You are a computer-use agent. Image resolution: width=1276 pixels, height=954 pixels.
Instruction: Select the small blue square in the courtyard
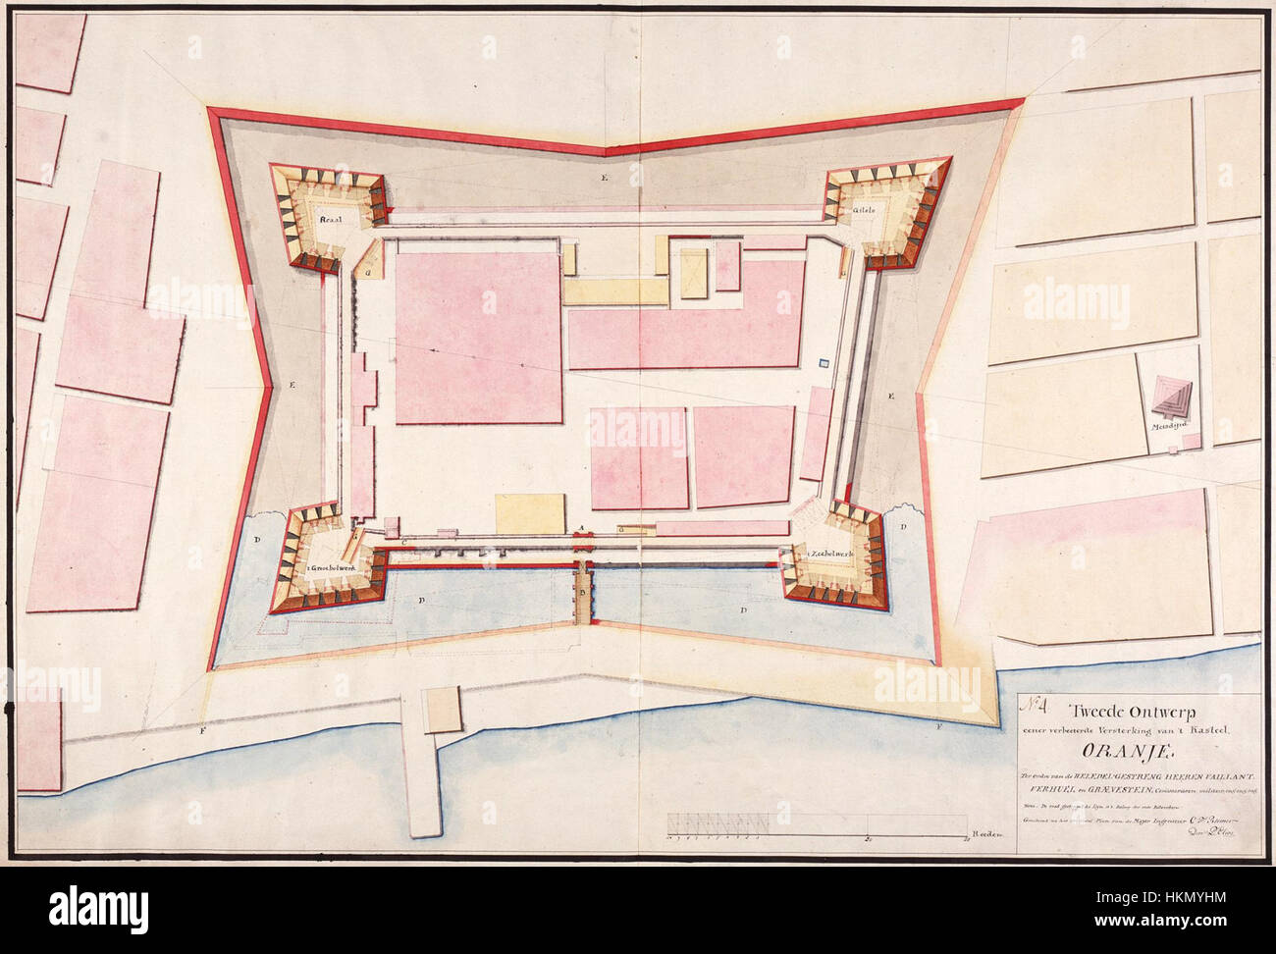pyautogui.click(x=824, y=364)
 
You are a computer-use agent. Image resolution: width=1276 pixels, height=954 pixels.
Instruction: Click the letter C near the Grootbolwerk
pyautogui.click(x=403, y=541)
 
